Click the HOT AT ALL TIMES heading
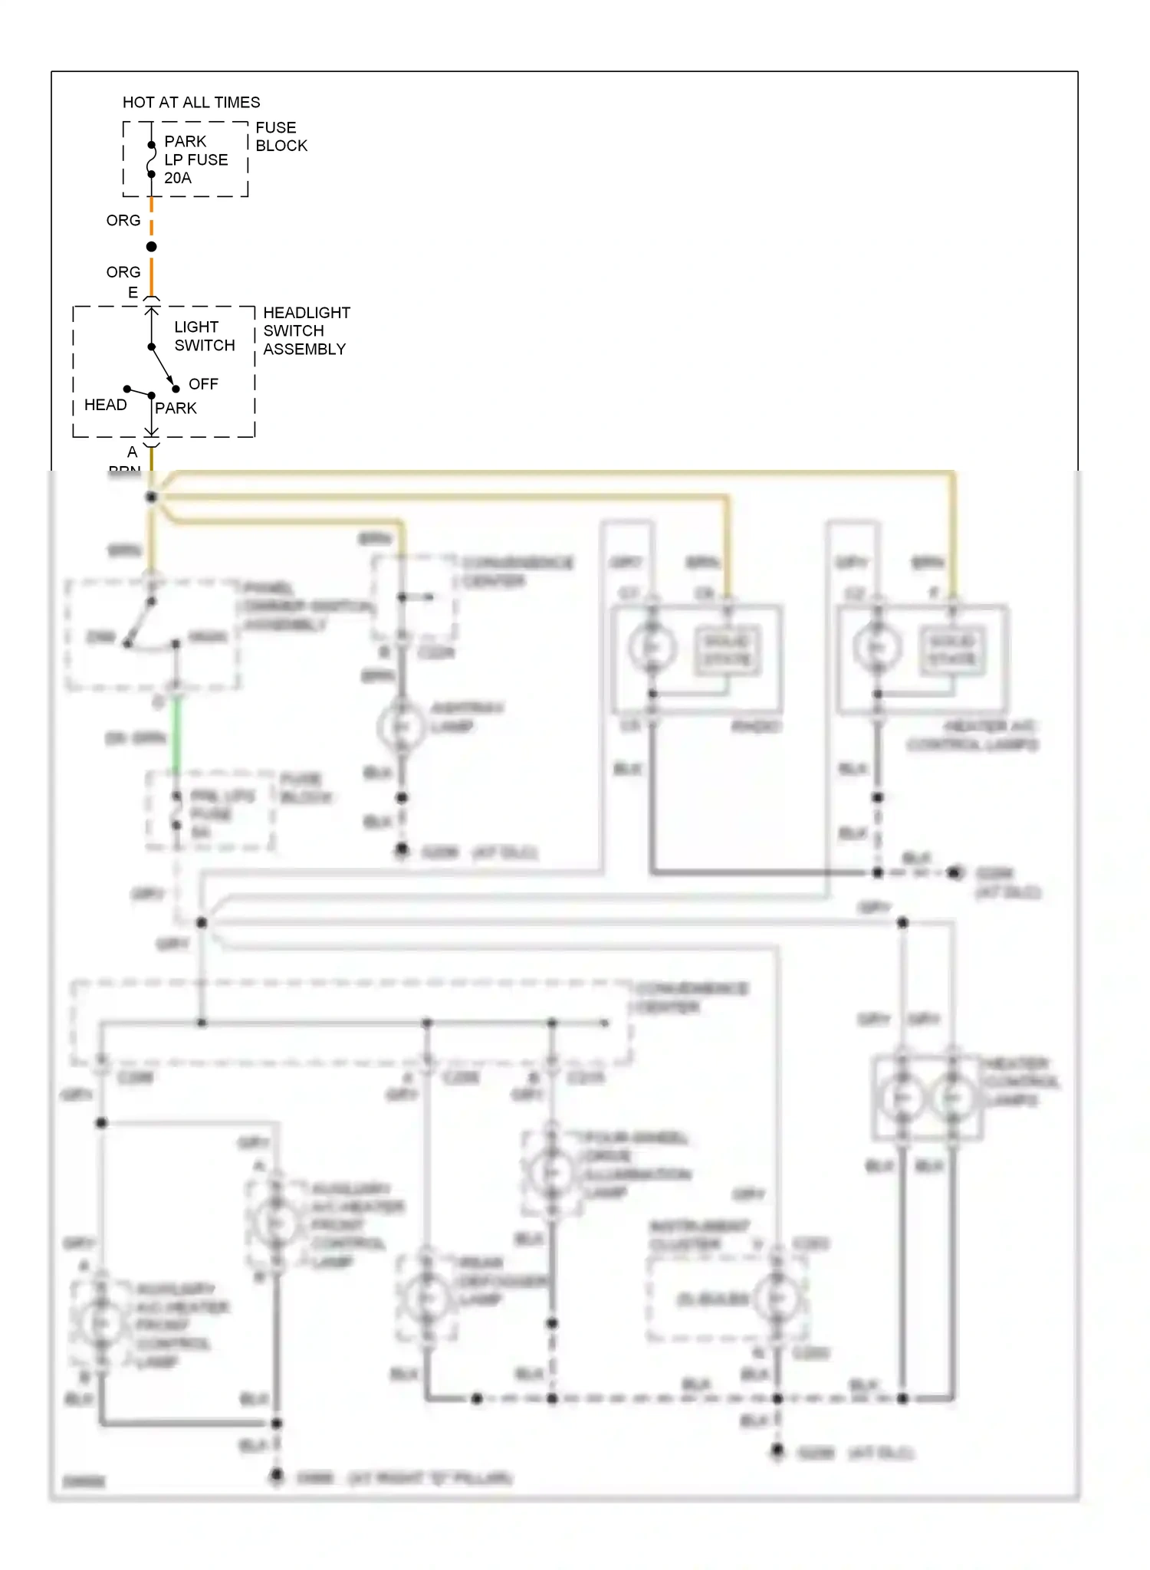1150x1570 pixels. pos(191,103)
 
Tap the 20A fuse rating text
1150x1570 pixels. pos(178,178)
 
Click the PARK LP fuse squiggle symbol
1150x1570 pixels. pos(151,159)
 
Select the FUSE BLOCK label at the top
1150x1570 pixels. pos(281,136)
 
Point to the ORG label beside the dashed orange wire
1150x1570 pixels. pos(123,221)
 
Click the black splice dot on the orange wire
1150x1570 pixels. pos(152,247)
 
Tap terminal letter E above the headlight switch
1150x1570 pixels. pos(133,293)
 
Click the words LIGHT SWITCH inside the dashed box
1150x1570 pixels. pos(204,337)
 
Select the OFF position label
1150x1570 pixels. pos(203,384)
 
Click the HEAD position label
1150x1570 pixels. pos(105,405)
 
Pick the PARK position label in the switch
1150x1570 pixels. pos(176,409)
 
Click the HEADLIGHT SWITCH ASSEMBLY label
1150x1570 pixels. pos(305,331)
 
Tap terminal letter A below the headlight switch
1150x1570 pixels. pos(133,452)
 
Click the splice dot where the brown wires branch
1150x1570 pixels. pos(152,497)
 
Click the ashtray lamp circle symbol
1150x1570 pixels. pos(401,726)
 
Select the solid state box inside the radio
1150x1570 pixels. pos(727,650)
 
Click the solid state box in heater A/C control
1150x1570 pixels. pos(952,650)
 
